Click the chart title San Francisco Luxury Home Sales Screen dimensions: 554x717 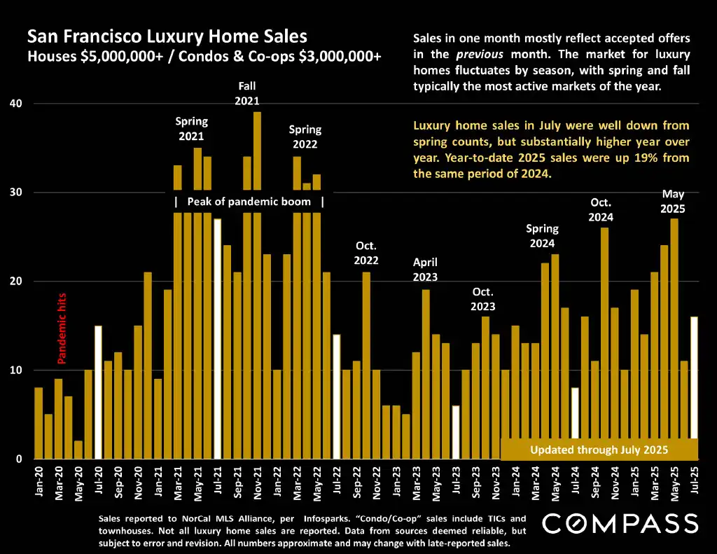pos(167,36)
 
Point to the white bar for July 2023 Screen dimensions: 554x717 pos(456,432)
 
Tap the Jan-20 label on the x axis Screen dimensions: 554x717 pos(39,481)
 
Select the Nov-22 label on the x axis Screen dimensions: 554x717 pos(377,481)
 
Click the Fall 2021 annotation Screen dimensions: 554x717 pos(247,93)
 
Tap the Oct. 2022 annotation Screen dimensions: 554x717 pos(366,253)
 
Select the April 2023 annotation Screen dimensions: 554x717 pos(425,270)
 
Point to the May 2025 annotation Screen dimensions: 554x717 pos(673,202)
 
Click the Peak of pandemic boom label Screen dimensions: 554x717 pos(249,202)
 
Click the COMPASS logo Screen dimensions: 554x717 pos(620,523)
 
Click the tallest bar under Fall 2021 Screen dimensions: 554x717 pos(257,280)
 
